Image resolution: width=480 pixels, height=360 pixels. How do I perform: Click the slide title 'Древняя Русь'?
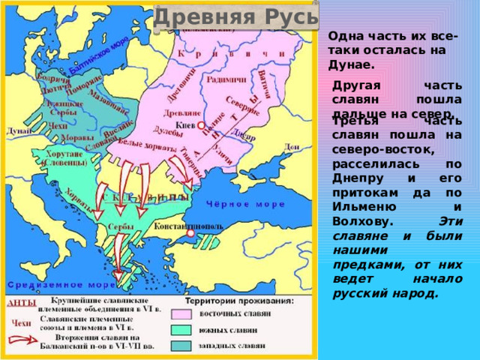[235, 16]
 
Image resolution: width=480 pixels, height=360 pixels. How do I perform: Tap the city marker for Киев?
[201, 127]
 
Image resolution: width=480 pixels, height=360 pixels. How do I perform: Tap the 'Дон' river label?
[292, 146]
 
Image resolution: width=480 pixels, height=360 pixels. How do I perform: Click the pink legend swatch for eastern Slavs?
[182, 314]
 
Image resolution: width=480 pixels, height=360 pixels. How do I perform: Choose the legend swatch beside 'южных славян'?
[182, 330]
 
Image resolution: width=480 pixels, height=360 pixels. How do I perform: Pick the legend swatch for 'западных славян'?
[182, 346]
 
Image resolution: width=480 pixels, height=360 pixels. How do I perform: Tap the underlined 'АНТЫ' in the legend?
[21, 304]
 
